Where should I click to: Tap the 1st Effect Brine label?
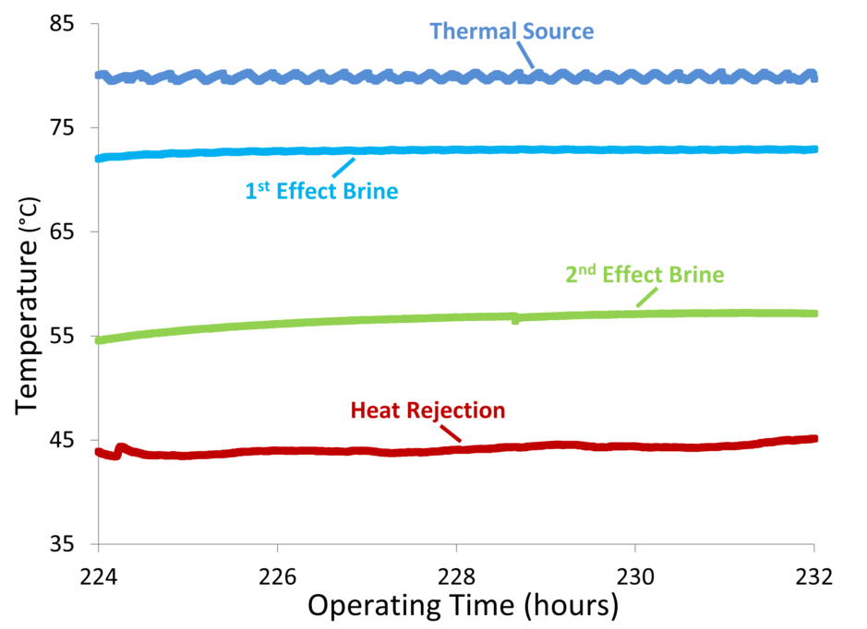pos(321,192)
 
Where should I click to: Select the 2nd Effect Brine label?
pos(644,275)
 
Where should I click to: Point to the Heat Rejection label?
pos(427,410)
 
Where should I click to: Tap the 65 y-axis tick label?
pos(61,231)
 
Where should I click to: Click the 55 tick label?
pos(61,336)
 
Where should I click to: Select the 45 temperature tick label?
pos(61,440)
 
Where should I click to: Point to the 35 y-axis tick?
pos(61,544)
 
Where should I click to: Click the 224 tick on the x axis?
pos(98,576)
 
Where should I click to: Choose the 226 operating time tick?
pos(277,576)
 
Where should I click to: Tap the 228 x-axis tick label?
pos(456,576)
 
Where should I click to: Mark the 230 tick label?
pos(635,576)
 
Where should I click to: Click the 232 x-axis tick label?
pos(814,576)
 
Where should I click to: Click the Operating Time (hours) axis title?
pos(462,606)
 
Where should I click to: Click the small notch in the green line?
pos(515,319)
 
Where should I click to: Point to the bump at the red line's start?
pos(119,449)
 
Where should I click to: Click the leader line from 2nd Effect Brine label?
pos(645,297)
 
